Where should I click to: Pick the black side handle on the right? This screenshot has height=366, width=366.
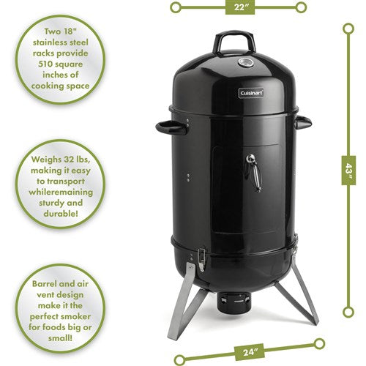pyautogui.click(x=303, y=122)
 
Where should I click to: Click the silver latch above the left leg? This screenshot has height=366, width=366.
pyautogui.click(x=200, y=258)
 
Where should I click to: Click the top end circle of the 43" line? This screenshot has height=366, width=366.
pyautogui.click(x=348, y=29)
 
